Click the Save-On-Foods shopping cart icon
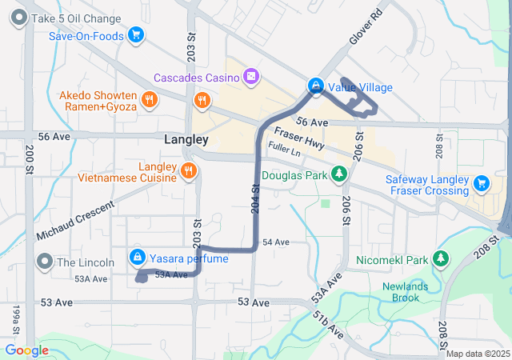click(136, 35)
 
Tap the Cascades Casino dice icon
click(251, 77)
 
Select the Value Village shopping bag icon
click(316, 86)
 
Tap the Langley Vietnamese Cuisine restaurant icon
click(189, 170)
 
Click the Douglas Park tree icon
click(340, 174)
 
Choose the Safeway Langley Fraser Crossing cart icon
click(481, 183)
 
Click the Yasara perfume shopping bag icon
click(137, 258)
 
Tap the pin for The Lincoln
click(44, 262)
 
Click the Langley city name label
click(186, 139)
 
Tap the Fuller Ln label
click(285, 150)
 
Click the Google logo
click(26, 350)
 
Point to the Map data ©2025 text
click(478, 354)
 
